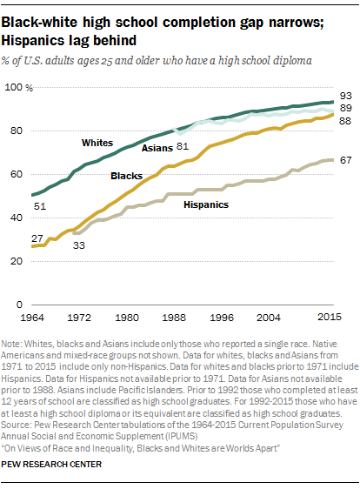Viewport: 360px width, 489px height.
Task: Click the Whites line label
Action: [97, 141]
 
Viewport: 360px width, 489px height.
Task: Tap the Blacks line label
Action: [127, 176]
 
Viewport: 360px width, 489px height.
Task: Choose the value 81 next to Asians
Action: [182, 146]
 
